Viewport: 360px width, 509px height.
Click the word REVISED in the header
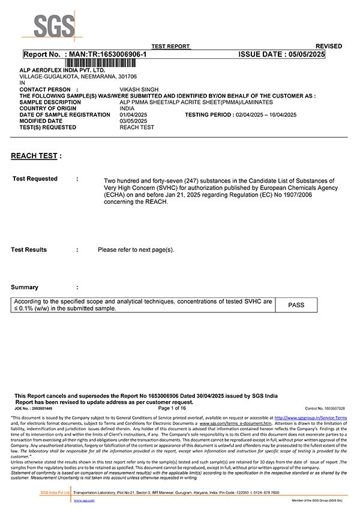click(x=329, y=46)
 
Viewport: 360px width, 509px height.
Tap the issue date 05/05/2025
click(x=303, y=55)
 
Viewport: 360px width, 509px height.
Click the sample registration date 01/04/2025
click(x=133, y=115)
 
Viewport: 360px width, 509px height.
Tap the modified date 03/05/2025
click(x=133, y=121)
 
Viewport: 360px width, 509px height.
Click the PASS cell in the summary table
click(x=296, y=305)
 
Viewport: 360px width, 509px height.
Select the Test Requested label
click(x=35, y=179)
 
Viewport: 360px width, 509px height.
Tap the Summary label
click(x=25, y=287)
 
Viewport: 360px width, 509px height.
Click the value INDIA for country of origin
click(x=127, y=109)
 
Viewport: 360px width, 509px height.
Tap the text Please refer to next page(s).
click(x=136, y=249)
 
